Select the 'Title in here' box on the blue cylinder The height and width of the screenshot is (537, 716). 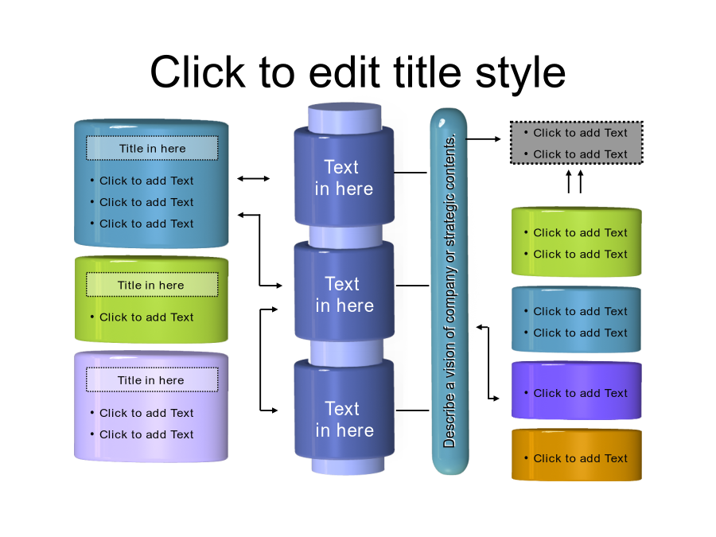[152, 148]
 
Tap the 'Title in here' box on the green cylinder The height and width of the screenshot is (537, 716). [151, 285]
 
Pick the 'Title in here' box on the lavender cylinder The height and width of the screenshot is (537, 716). [151, 380]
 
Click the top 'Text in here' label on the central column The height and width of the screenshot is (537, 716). [343, 177]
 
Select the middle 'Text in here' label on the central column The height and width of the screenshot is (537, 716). [344, 294]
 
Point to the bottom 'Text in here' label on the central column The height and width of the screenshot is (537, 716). [344, 419]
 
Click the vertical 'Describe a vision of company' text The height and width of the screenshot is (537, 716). [449, 291]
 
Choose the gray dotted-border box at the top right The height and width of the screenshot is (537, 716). [576, 143]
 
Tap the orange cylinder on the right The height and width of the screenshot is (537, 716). [576, 455]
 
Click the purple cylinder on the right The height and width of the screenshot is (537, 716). [576, 390]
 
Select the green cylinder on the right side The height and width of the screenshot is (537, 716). [576, 242]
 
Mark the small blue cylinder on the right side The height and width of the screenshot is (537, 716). [576, 320]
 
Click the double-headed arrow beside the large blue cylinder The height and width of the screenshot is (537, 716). [254, 179]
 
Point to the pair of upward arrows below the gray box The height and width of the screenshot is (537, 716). [574, 181]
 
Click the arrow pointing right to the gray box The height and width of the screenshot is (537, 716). [484, 138]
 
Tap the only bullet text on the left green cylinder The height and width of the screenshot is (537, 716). [146, 317]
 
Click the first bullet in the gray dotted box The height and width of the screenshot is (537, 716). [580, 133]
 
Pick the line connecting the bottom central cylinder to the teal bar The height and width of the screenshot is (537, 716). [412, 411]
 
